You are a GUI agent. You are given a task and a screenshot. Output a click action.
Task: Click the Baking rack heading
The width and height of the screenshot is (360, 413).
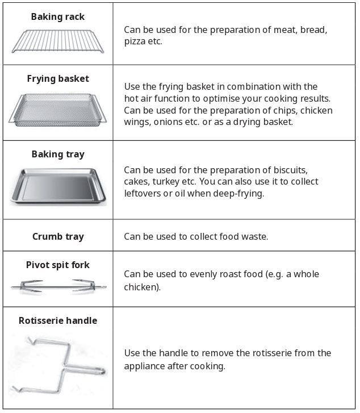pyautogui.click(x=57, y=17)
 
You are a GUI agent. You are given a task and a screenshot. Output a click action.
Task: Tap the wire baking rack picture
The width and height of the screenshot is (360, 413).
pyautogui.click(x=57, y=41)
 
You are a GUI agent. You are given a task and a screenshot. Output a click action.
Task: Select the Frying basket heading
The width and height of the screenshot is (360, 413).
pyautogui.click(x=58, y=79)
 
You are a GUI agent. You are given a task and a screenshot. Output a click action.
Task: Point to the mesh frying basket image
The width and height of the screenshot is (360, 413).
pyautogui.click(x=57, y=110)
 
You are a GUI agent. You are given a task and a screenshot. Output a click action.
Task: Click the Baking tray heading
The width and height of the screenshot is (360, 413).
pyautogui.click(x=58, y=154)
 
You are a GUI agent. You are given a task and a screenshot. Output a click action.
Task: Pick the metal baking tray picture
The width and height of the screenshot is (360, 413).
pyautogui.click(x=57, y=186)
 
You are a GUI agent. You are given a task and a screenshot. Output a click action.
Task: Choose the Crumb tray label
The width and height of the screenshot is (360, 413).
pyautogui.click(x=58, y=236)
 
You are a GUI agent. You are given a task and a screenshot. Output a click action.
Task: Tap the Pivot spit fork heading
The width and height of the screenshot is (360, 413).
pyautogui.click(x=58, y=265)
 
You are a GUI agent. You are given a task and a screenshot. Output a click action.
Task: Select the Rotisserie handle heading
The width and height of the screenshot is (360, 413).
pyautogui.click(x=58, y=320)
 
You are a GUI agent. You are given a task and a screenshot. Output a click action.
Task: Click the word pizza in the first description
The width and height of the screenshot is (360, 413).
pyautogui.click(x=135, y=41)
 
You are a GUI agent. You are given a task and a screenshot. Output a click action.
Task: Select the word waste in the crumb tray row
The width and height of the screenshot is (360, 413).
pyautogui.click(x=253, y=236)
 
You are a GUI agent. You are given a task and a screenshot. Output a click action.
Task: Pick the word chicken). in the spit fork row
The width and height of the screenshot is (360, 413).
pyautogui.click(x=142, y=287)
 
